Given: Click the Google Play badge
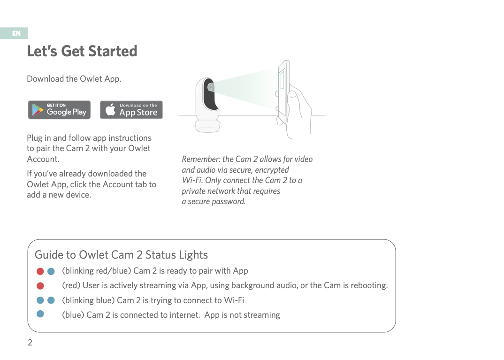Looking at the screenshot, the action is [x=59, y=110].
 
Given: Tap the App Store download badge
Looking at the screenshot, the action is [x=131, y=110].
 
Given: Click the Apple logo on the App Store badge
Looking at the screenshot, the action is [x=111, y=110].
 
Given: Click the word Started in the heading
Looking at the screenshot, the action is [x=113, y=51].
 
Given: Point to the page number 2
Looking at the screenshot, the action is [x=30, y=343].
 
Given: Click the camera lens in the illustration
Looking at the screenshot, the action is [x=211, y=87].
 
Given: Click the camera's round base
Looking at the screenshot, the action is [x=207, y=126].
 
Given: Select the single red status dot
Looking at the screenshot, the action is [x=40, y=286].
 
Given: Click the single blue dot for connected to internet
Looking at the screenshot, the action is [x=40, y=314].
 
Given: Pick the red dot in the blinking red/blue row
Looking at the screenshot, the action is [x=40, y=271].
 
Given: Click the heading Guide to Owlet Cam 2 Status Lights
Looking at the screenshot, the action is [x=121, y=255].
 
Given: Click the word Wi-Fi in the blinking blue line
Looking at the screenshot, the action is [x=234, y=300].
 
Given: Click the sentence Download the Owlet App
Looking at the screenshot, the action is [x=74, y=79].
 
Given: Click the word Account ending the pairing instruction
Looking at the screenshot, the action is [x=43, y=159].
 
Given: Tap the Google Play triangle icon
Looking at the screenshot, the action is [x=37, y=110].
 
